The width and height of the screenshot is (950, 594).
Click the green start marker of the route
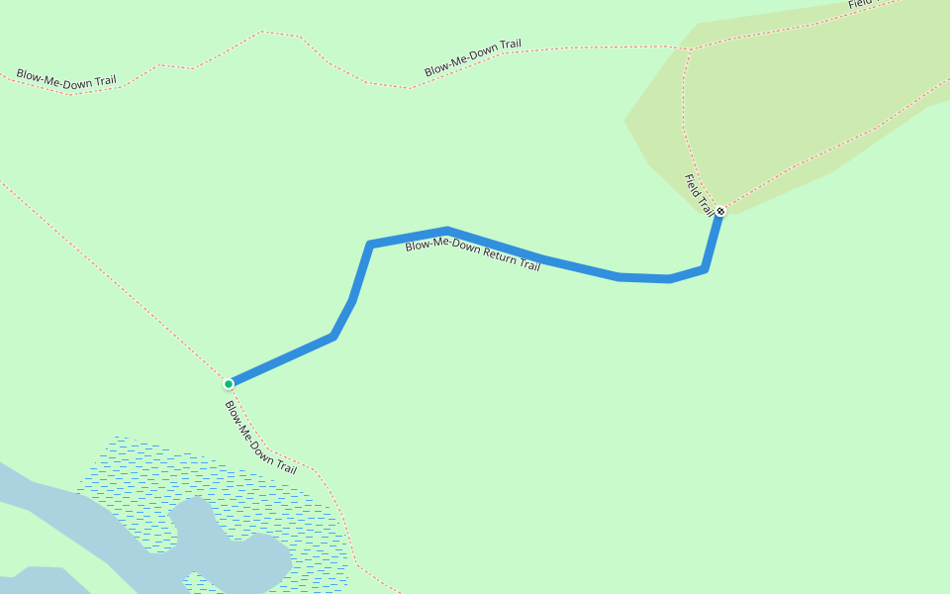(229, 383)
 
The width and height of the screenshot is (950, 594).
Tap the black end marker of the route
(720, 211)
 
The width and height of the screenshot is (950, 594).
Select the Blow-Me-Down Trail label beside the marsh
(260, 438)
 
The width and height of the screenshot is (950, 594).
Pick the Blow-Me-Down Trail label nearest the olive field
(472, 58)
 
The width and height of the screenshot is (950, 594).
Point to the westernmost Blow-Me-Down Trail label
(65, 79)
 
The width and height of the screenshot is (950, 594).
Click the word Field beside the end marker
(693, 185)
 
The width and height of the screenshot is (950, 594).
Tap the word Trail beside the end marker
(706, 206)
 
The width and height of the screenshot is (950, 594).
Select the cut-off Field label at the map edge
(859, 4)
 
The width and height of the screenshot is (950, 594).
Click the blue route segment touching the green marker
(282, 359)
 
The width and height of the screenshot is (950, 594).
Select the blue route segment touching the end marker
(712, 240)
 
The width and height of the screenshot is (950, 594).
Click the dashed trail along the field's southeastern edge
(841, 148)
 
